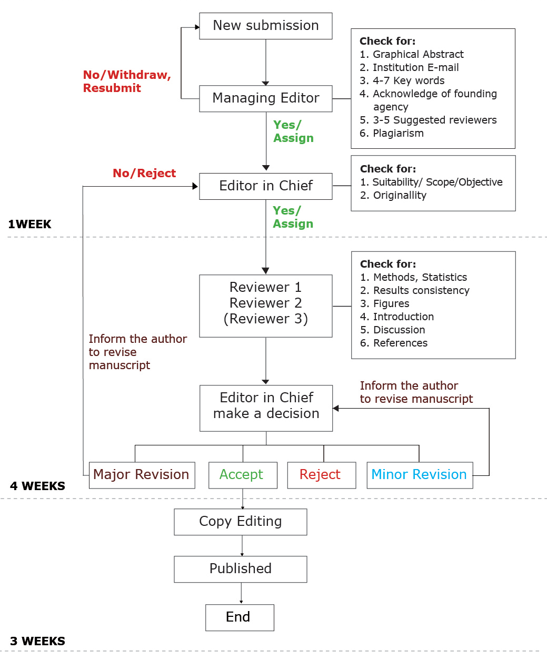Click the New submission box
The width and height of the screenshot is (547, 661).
coord(265,26)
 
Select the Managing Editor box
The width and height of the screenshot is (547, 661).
coord(265,98)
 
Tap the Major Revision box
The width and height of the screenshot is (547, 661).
coord(141,475)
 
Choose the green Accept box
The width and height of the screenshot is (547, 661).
coord(242,475)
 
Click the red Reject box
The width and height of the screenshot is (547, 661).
coord(321,475)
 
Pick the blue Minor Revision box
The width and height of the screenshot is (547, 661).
coord(419,475)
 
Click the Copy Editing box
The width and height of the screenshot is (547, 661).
coord(240,522)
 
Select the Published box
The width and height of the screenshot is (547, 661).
coord(240,569)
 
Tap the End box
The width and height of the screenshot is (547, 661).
coord(239,617)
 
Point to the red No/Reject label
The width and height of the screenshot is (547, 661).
coord(144,174)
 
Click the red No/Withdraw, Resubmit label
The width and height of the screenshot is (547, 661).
coord(126,82)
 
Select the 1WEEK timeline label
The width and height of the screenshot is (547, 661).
coord(30,225)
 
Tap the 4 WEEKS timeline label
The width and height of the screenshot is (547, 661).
coord(37,486)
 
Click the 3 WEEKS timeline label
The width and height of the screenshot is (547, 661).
coord(37,642)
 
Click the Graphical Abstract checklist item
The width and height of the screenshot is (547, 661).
coord(417,55)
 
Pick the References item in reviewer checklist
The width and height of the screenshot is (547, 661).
coord(400,343)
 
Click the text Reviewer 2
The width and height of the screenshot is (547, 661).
coord(265,303)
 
